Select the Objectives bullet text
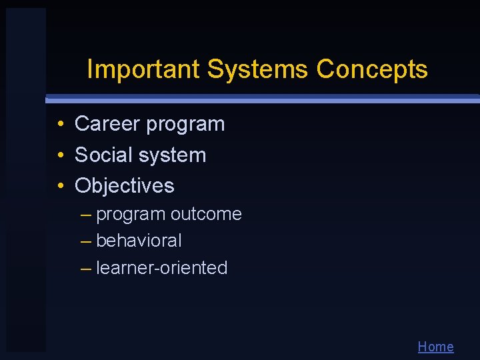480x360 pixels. click(x=124, y=185)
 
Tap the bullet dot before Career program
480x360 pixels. click(x=60, y=125)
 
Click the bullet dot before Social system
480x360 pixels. click(x=60, y=155)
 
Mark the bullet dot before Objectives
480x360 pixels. click(x=60, y=186)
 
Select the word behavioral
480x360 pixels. click(x=139, y=241)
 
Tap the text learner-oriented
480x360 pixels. click(x=162, y=268)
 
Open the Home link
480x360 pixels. click(x=435, y=347)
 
